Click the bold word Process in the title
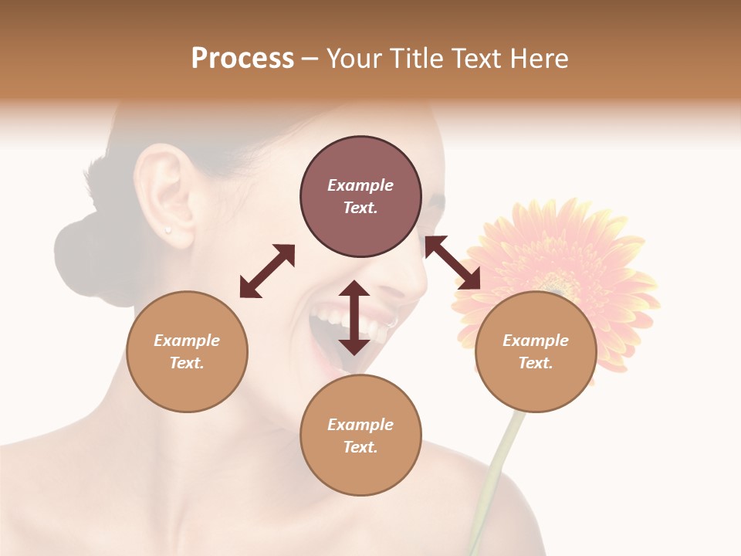pyautogui.click(x=242, y=59)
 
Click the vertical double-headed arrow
pyautogui.click(x=354, y=317)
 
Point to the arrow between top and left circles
pyautogui.click(x=267, y=271)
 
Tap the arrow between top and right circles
pyautogui.click(x=452, y=263)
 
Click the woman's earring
pyautogui.click(x=167, y=229)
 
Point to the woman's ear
pyautogui.click(x=164, y=193)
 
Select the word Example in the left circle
pyautogui.click(x=187, y=341)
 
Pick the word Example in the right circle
pyautogui.click(x=536, y=341)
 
